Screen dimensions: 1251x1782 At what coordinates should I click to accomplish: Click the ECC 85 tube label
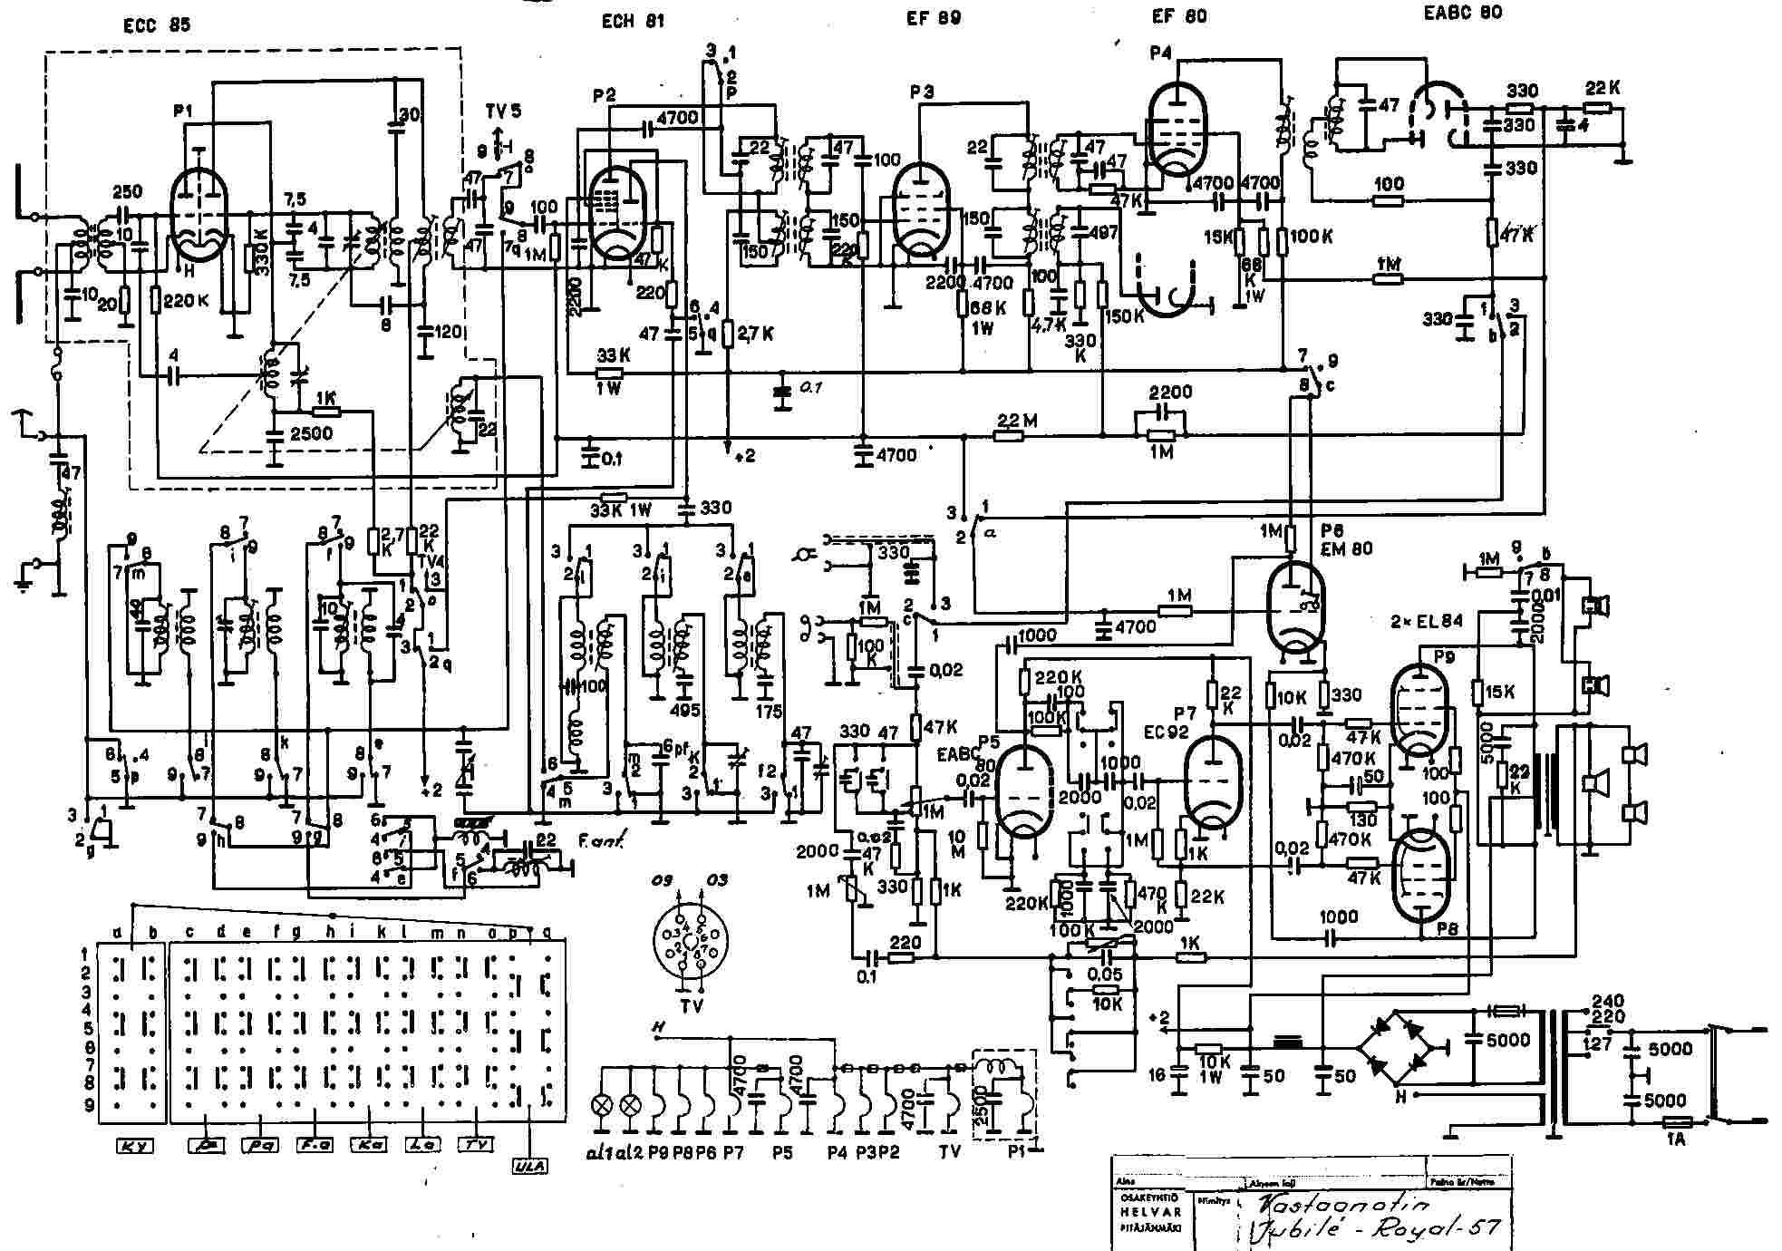(157, 25)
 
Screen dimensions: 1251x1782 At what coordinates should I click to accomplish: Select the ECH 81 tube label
(633, 21)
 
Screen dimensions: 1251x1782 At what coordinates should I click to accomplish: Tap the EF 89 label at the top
(934, 18)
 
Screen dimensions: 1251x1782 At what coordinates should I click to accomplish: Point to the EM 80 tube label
(1348, 548)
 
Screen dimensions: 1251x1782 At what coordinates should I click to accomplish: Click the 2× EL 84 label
(1427, 621)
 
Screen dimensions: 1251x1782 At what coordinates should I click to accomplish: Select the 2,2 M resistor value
(1017, 421)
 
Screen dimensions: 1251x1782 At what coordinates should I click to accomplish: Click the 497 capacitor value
(1103, 232)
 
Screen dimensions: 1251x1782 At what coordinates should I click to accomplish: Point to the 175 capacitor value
(769, 712)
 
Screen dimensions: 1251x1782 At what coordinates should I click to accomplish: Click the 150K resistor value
(1125, 315)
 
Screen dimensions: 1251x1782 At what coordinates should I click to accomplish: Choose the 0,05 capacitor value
(1106, 975)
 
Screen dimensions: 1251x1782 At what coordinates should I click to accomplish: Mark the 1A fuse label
(1677, 1139)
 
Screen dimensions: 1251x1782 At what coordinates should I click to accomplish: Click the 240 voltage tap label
(1609, 1002)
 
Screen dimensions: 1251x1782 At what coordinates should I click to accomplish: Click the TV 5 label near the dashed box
(503, 111)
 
